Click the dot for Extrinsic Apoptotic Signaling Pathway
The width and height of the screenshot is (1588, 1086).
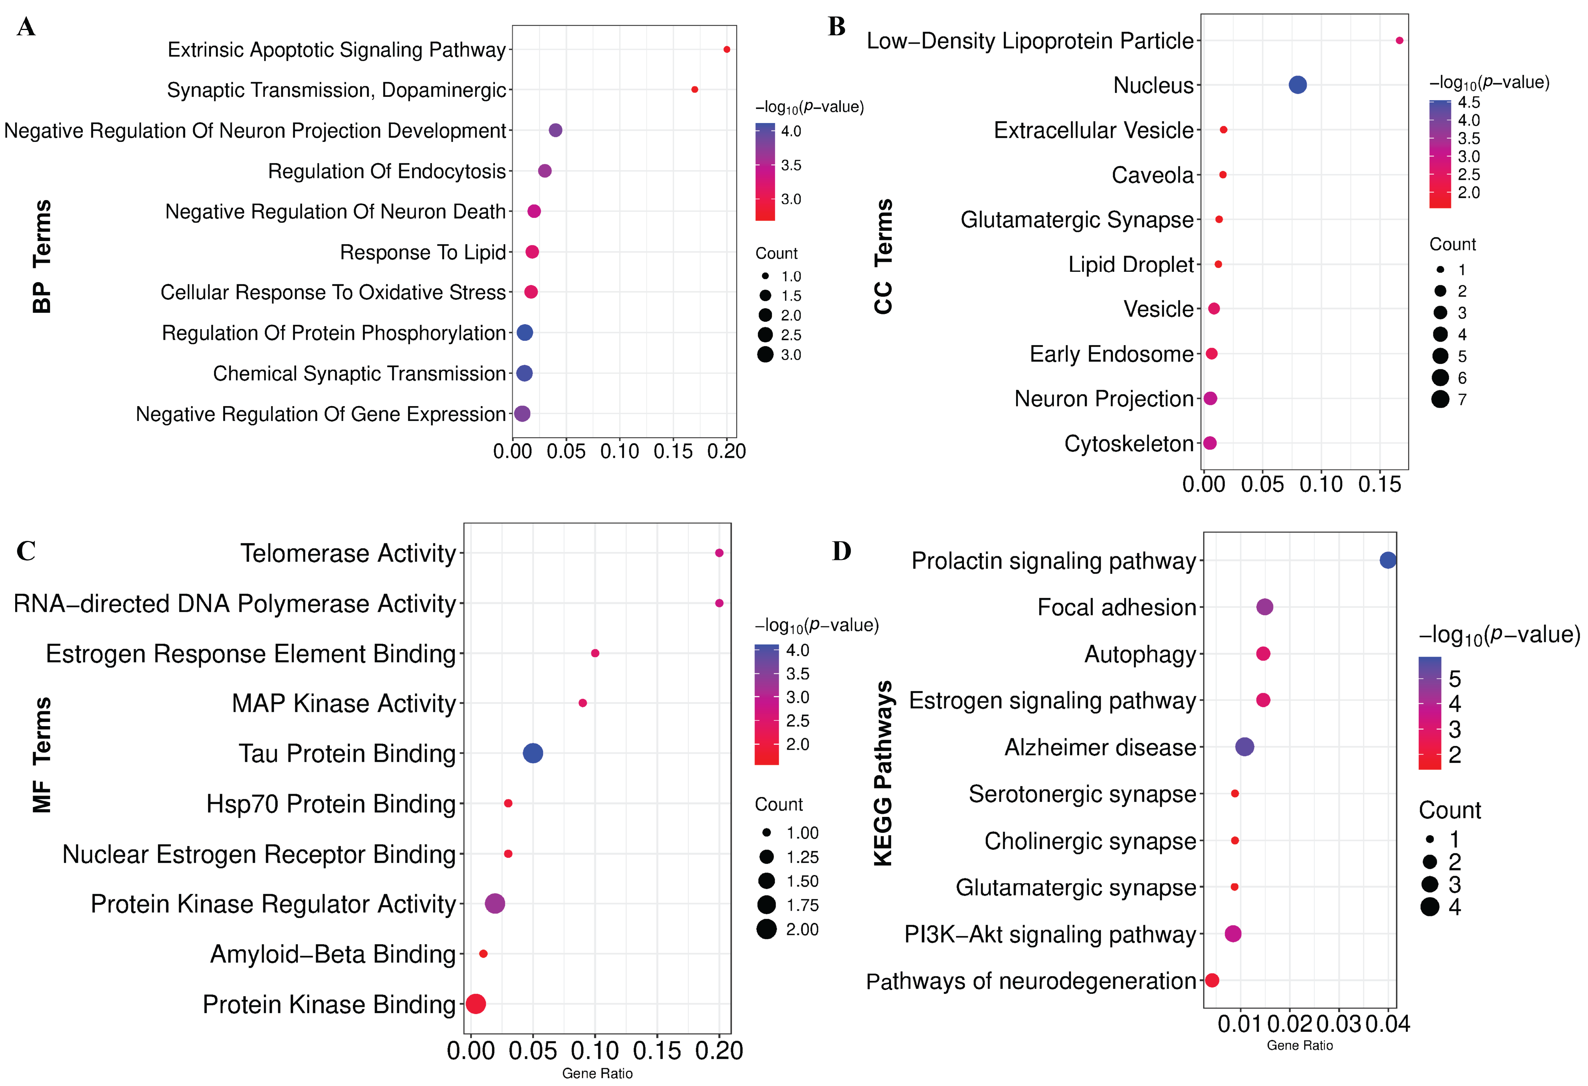click(726, 49)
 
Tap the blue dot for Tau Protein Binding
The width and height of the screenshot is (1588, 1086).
click(533, 753)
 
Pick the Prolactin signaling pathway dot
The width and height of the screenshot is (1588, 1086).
click(1388, 560)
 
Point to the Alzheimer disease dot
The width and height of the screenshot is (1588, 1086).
click(1245, 747)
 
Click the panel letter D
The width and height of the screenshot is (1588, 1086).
click(841, 551)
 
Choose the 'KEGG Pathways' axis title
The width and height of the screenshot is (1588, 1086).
click(883, 773)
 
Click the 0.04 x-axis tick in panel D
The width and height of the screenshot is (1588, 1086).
click(1387, 1024)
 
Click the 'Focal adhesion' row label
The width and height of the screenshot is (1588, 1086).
click(1117, 607)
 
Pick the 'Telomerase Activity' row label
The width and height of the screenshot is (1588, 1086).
click(348, 553)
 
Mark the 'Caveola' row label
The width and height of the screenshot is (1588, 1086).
click(1152, 175)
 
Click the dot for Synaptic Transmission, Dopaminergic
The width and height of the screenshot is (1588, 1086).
click(694, 90)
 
